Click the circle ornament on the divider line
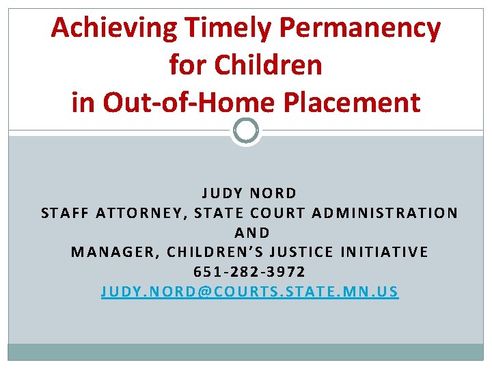[246, 131]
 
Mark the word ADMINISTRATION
[385, 213]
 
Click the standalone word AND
[252, 233]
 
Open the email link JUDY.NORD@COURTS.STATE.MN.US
[249, 292]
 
